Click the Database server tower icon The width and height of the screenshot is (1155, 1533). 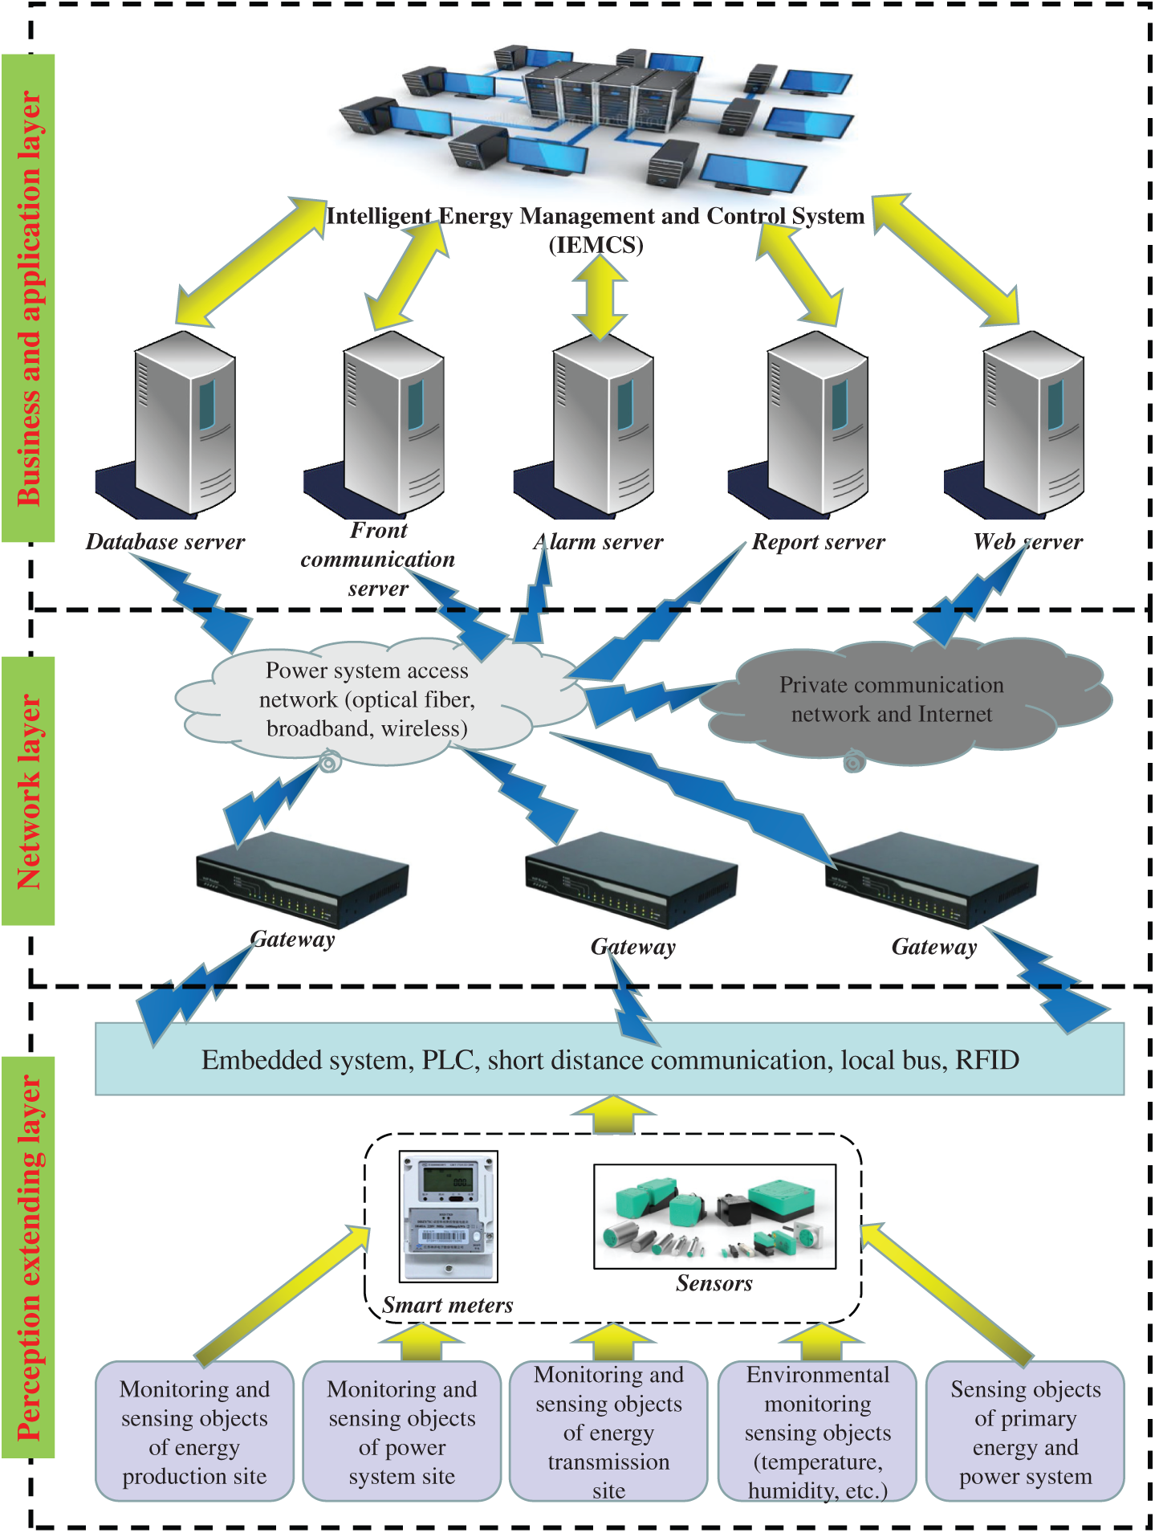[x=185, y=422]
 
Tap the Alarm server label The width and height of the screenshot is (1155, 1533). [x=599, y=542]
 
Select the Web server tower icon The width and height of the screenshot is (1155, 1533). [x=1033, y=422]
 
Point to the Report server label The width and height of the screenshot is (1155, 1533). [x=818, y=542]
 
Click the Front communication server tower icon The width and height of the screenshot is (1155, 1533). [x=393, y=422]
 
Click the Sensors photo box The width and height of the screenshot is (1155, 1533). [x=714, y=1216]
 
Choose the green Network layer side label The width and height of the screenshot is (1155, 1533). [x=28, y=791]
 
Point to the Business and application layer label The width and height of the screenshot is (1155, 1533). [x=28, y=297]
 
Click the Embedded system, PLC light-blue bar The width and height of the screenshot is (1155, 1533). [x=609, y=1059]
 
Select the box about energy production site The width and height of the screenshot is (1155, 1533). [x=194, y=1432]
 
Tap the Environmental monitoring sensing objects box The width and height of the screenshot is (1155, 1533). [x=817, y=1432]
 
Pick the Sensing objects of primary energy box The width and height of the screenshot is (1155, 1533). [x=1025, y=1432]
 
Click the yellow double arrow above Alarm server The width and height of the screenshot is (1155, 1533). [x=600, y=298]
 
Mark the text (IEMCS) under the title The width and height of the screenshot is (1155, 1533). [x=596, y=244]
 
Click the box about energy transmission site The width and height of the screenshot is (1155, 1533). [x=608, y=1432]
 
